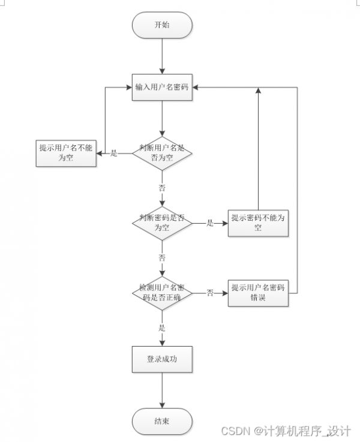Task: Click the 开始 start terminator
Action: point(162,25)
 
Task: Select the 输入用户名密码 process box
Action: point(162,87)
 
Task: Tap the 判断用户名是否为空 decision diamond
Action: point(162,154)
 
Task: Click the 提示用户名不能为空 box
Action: point(66,153)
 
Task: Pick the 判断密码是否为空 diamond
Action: point(162,223)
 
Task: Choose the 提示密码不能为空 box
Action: point(258,223)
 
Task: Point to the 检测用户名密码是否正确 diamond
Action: point(162,293)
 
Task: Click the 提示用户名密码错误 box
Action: point(258,293)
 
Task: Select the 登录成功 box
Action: point(162,359)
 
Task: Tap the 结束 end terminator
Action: point(162,422)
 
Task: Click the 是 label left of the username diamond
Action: point(113,154)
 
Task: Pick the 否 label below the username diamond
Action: point(162,188)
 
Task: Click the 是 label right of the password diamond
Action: point(210,223)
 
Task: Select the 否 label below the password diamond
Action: point(162,258)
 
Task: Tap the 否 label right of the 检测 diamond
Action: point(210,293)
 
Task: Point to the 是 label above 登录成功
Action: point(162,328)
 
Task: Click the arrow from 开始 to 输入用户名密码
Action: point(162,56)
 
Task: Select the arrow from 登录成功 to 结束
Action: point(162,390)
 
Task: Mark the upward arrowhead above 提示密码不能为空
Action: point(258,90)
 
